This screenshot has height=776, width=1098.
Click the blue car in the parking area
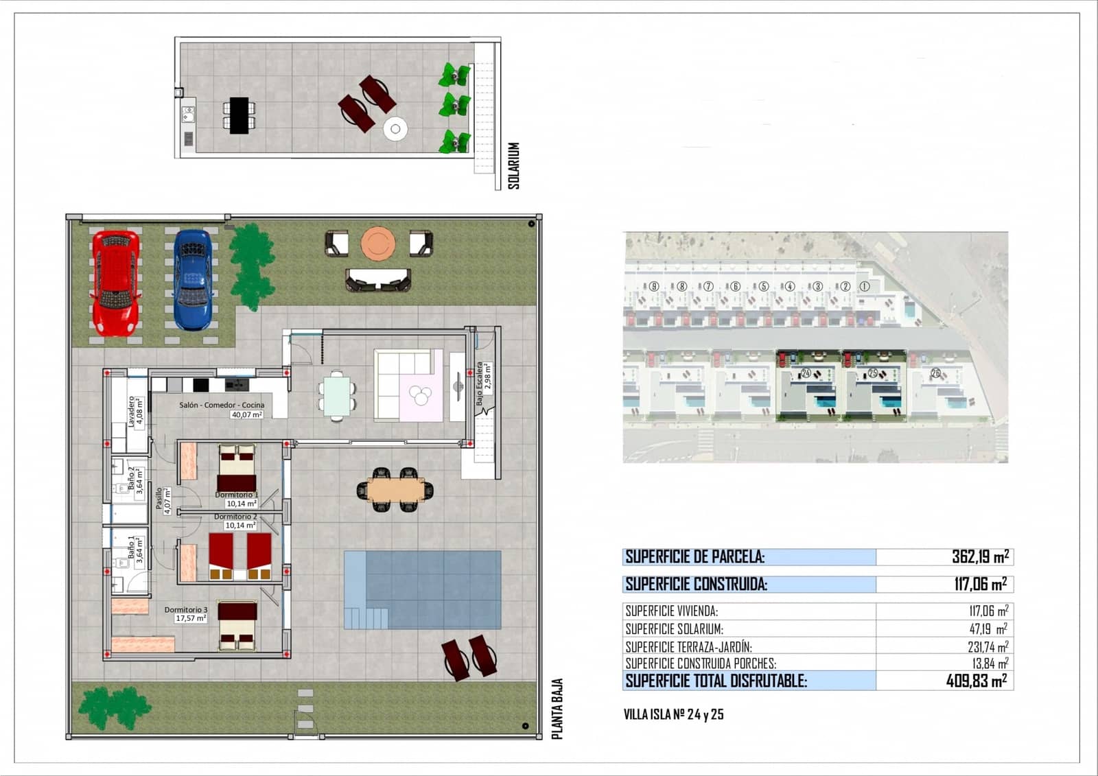(x=192, y=279)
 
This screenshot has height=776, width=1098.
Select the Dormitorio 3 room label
(x=185, y=609)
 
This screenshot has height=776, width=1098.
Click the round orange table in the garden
(x=378, y=244)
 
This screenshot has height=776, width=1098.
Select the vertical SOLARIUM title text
(x=514, y=165)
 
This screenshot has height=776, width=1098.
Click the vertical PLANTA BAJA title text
(x=557, y=709)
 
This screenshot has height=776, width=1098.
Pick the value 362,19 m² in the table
(x=979, y=556)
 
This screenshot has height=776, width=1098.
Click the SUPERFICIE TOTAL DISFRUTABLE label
(x=716, y=681)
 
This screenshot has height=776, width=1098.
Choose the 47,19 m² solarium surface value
(x=988, y=628)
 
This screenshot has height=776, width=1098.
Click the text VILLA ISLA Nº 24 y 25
(x=673, y=714)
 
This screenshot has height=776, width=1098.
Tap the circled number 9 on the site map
(x=655, y=286)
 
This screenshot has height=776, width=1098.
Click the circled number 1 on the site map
(x=864, y=286)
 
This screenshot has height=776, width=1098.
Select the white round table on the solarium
(x=395, y=129)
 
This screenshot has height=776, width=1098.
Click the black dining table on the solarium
(x=239, y=115)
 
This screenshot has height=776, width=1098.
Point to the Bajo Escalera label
(x=480, y=384)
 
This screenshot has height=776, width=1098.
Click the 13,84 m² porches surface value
(x=988, y=663)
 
